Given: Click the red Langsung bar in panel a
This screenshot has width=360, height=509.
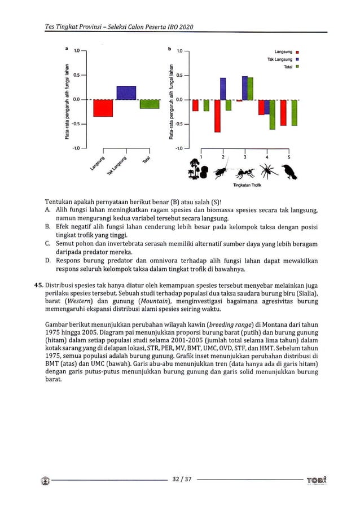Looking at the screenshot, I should [103, 108].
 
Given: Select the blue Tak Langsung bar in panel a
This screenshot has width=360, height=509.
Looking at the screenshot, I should [126, 93].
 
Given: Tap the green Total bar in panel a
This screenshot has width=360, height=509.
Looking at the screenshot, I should [150, 104].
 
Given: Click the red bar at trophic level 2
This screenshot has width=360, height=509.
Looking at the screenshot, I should [217, 116].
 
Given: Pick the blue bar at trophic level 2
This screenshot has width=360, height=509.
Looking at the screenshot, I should [223, 89].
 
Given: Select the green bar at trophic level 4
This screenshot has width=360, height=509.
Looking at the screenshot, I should [273, 115].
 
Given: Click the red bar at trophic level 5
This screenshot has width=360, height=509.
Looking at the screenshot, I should [283, 113].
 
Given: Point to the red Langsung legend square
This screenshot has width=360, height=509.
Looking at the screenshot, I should [296, 52].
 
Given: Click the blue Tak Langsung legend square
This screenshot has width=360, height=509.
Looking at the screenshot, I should [296, 59].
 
